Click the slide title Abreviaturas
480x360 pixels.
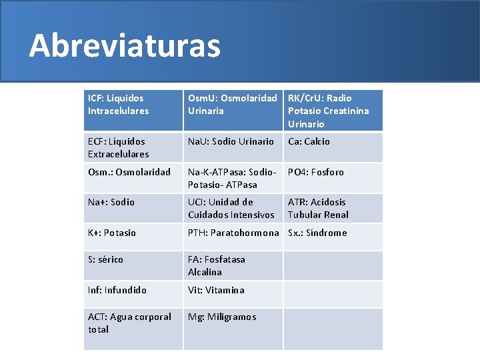point(125,45)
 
